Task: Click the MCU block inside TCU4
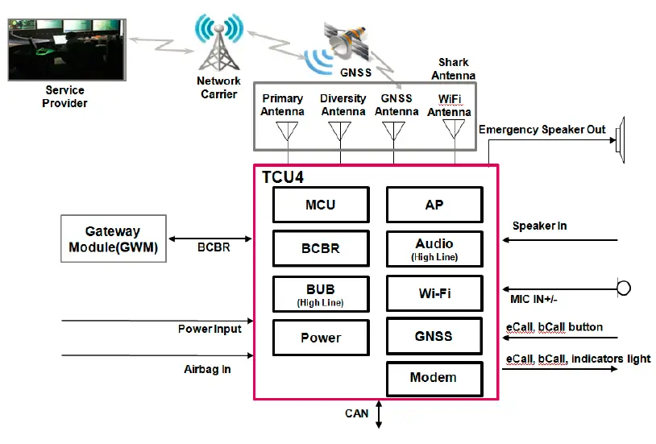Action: [320, 205]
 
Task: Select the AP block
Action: [434, 205]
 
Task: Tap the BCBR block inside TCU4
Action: [320, 249]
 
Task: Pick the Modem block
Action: [434, 378]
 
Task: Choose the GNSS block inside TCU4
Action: [434, 336]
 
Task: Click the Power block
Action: [320, 338]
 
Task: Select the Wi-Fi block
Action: [434, 293]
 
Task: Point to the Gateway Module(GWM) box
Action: [113, 239]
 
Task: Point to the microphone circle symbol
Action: [623, 288]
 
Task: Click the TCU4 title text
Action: [283, 176]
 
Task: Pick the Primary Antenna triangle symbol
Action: [287, 131]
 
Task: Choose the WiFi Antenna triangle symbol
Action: [454, 131]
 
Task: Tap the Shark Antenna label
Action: [453, 68]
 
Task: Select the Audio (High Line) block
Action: [434, 249]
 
